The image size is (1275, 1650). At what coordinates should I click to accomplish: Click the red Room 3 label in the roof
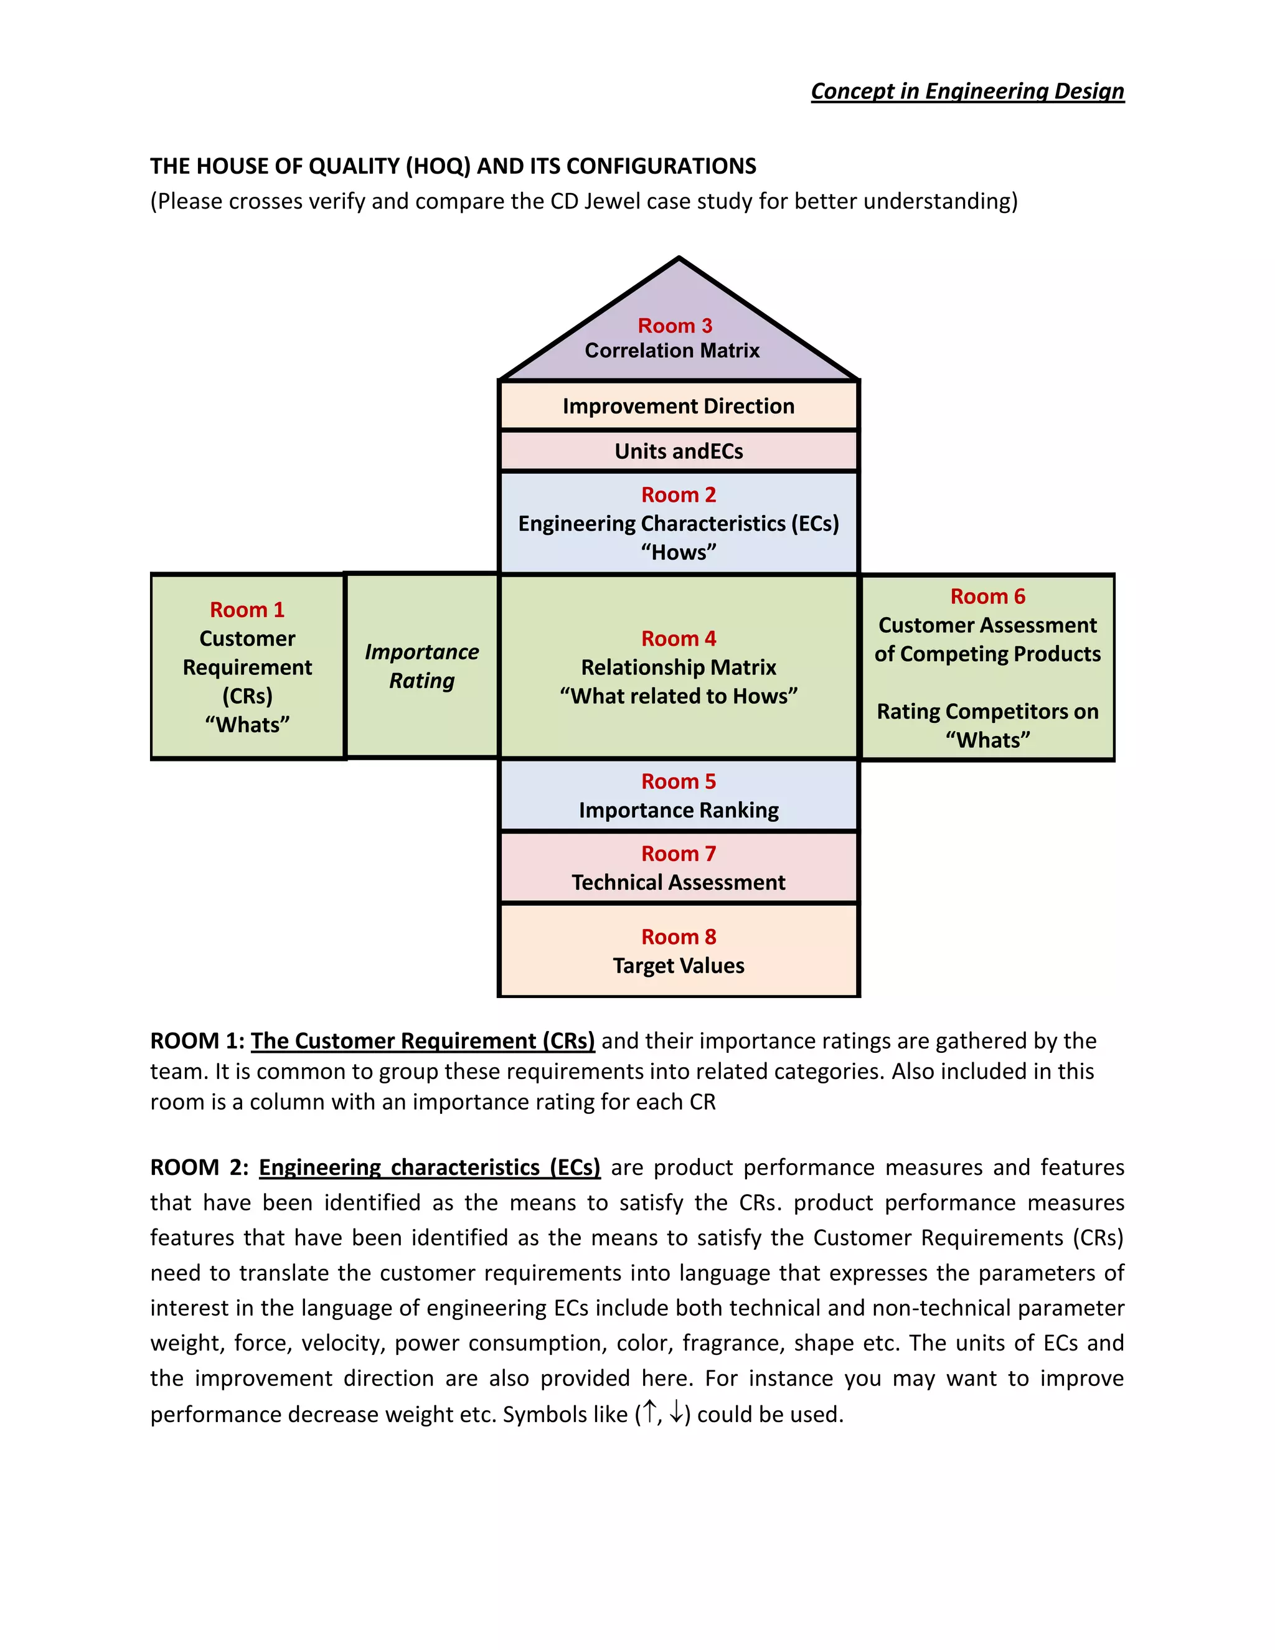click(x=674, y=326)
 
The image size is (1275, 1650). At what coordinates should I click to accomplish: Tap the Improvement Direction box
click(x=679, y=407)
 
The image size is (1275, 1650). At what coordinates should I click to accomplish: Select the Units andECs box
click(x=679, y=451)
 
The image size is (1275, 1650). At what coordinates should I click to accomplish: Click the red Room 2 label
click(x=679, y=495)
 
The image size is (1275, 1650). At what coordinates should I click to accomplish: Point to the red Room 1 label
click(x=247, y=610)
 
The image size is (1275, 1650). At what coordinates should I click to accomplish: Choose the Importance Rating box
click(x=421, y=666)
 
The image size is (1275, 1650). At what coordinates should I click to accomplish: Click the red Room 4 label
click(x=679, y=638)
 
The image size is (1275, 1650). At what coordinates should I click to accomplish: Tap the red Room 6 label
click(x=987, y=596)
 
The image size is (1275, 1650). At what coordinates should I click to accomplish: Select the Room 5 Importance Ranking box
click(x=679, y=796)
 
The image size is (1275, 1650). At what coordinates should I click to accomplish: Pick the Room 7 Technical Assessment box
click(x=679, y=868)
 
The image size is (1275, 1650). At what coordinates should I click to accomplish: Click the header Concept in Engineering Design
click(x=967, y=92)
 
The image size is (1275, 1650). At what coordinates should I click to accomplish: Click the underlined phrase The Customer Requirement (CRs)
click(x=422, y=1041)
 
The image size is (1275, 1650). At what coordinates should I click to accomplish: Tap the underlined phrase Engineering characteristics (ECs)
click(x=429, y=1167)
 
